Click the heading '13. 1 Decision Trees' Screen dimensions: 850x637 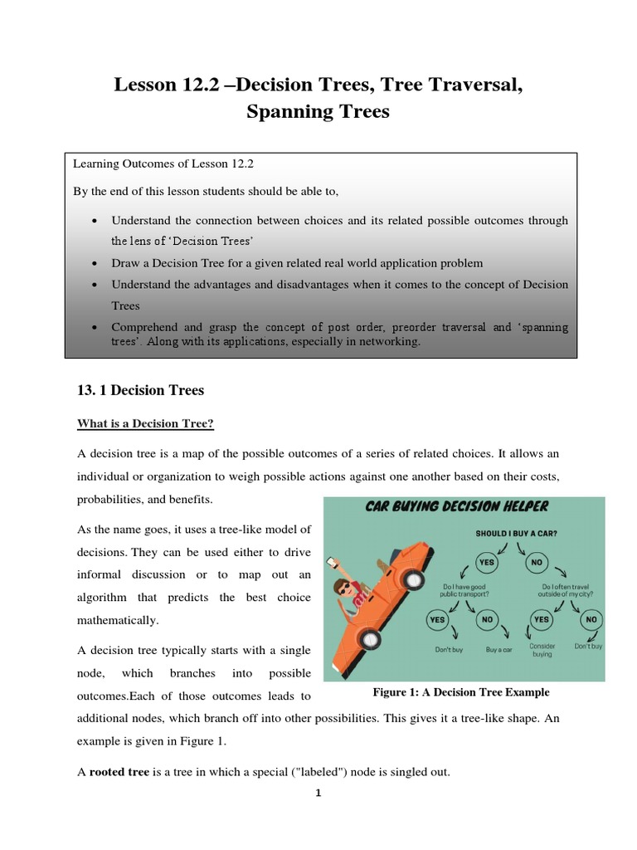[140, 389]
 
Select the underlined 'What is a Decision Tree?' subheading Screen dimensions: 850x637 [145, 423]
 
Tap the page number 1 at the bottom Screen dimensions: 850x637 [318, 793]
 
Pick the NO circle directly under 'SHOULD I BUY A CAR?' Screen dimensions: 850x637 [536, 560]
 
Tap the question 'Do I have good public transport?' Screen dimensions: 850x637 [463, 590]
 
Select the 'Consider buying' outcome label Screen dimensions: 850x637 [542, 649]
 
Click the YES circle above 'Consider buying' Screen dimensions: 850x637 [542, 618]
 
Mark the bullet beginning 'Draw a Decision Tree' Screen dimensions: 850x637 [297, 263]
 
